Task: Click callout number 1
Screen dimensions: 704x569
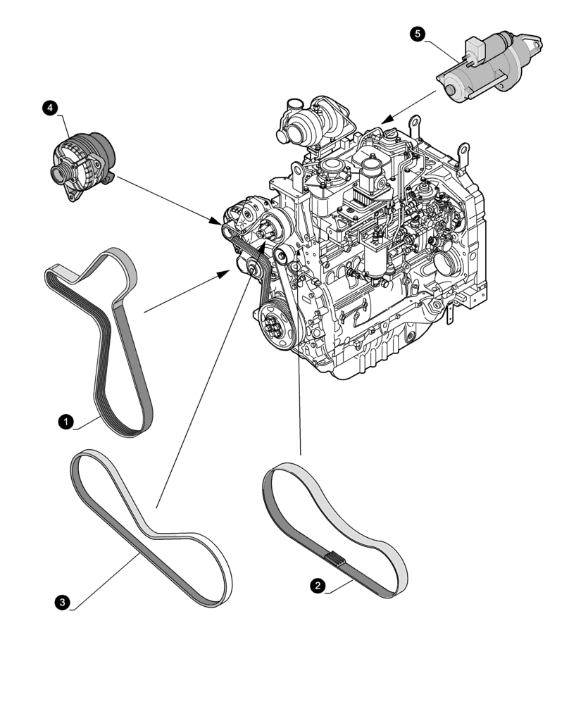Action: tap(64, 421)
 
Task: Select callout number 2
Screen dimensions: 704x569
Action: tap(319, 584)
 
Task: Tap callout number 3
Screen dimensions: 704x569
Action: tap(64, 601)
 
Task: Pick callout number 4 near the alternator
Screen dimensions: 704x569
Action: tap(49, 108)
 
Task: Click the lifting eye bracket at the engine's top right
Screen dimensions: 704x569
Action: tap(462, 151)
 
